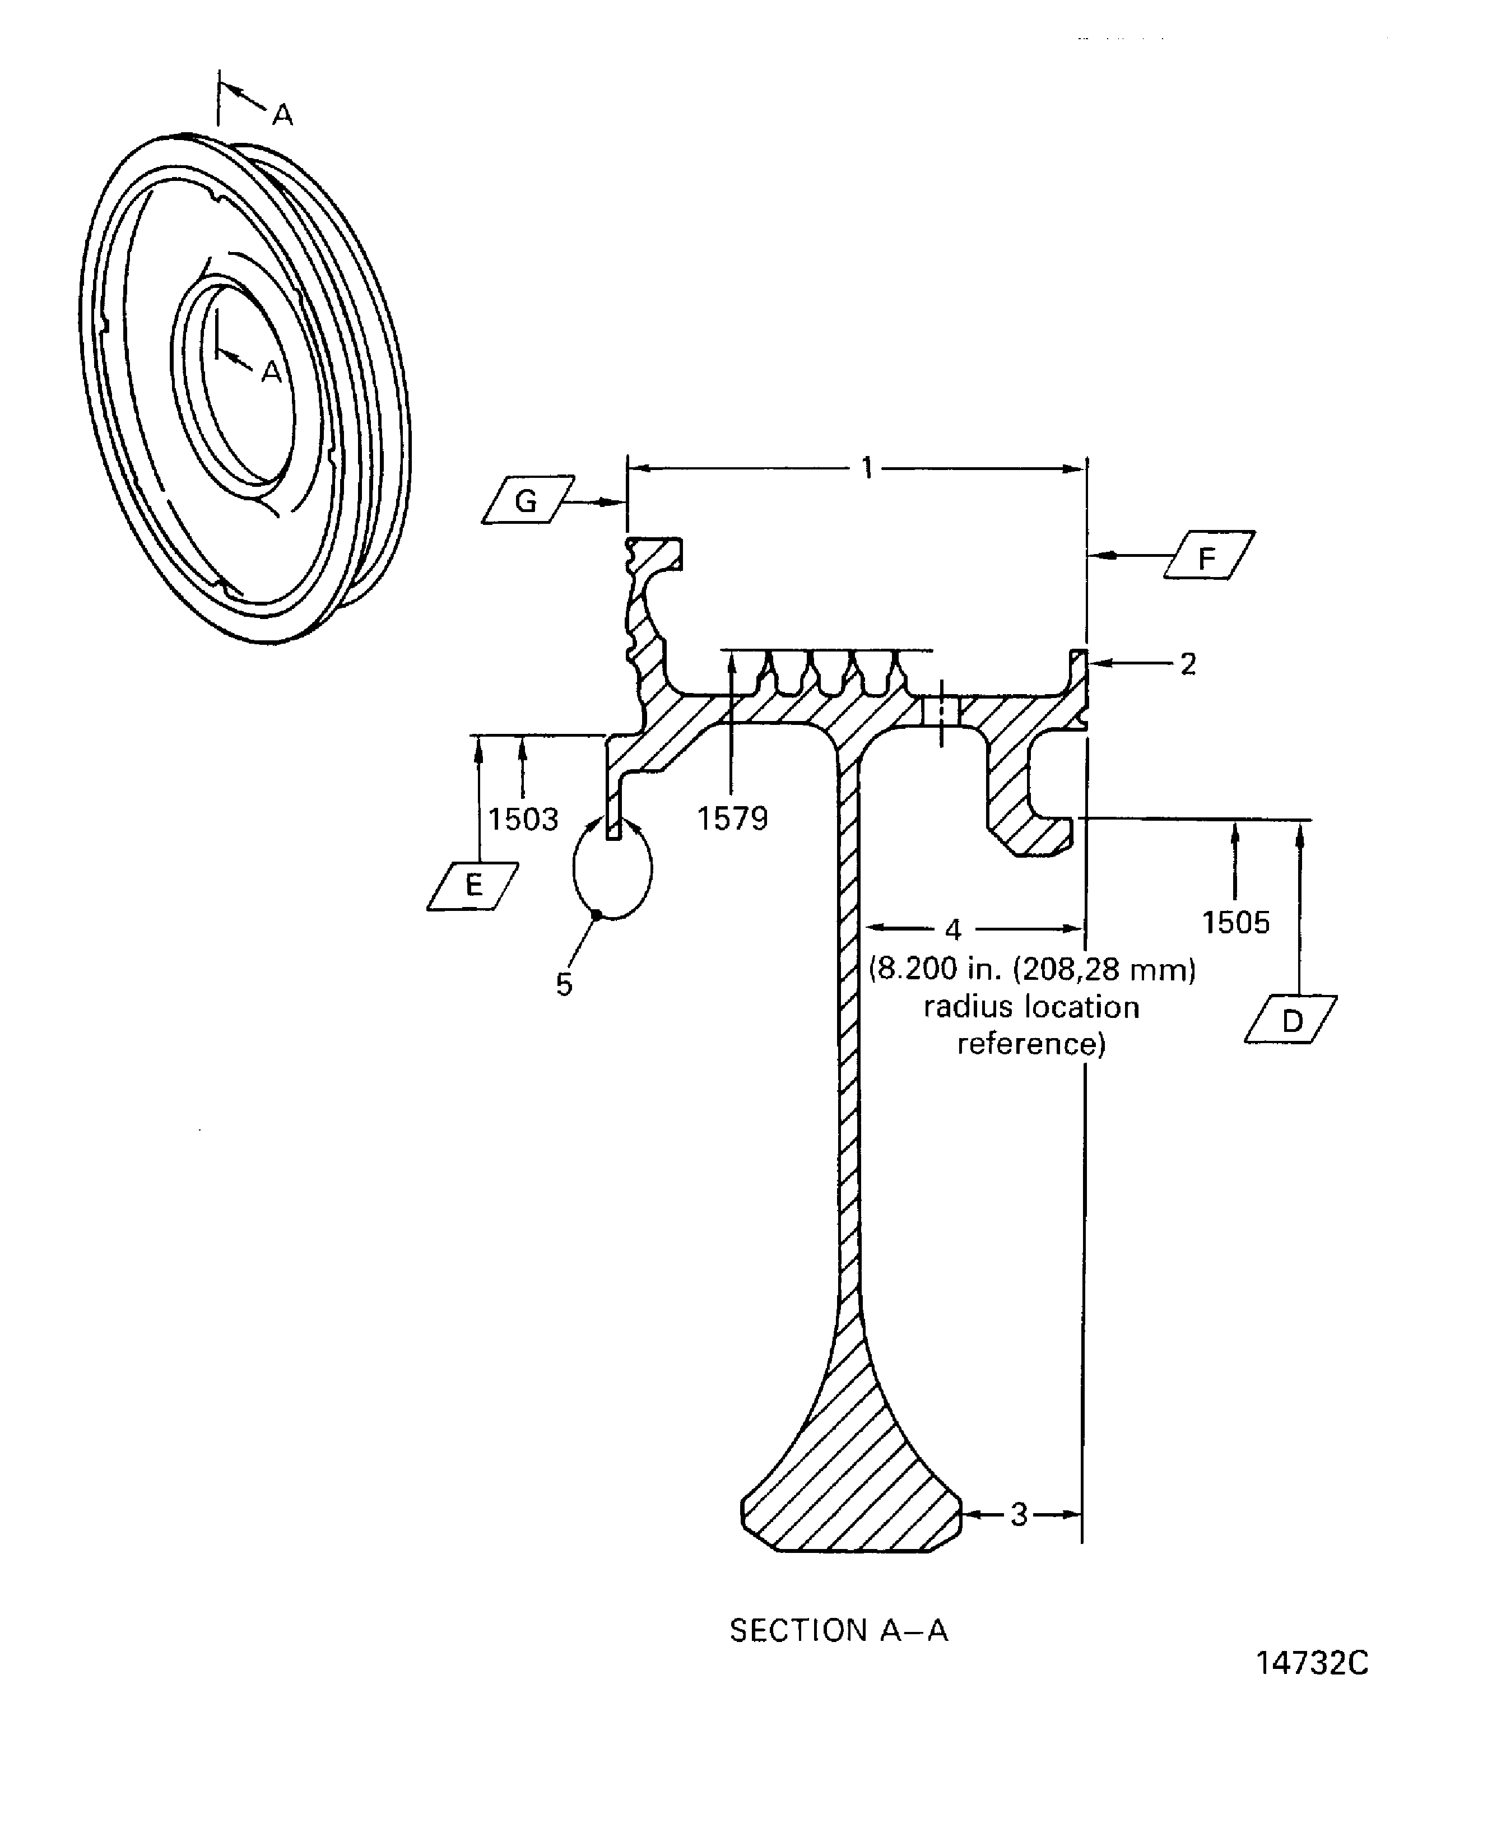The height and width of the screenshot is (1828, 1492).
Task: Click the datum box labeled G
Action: pos(527,500)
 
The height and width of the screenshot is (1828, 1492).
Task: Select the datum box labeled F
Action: pos(1209,556)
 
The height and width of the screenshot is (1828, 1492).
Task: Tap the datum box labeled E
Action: pos(473,886)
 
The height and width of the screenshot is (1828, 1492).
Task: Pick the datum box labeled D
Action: pos(1291,1021)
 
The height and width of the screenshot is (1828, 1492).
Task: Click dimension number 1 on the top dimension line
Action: pos(867,468)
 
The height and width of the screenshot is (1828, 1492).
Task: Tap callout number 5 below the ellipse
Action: pos(564,985)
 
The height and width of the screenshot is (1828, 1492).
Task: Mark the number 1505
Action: pos(1235,923)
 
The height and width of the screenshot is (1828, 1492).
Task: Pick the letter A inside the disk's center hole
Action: pos(272,372)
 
